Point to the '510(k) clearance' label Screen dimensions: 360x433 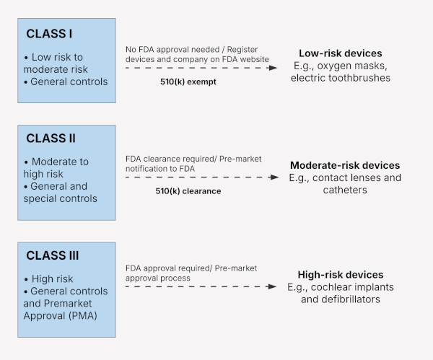click(188, 191)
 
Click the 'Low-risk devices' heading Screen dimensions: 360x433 click(341, 53)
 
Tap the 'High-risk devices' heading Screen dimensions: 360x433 click(341, 275)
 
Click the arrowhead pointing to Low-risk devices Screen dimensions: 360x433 click(271, 68)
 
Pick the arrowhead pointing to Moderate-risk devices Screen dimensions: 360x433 click(271, 177)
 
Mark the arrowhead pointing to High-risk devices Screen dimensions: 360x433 click(271, 286)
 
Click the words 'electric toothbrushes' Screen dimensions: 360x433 click(340, 78)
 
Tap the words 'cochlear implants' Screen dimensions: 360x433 click(354, 286)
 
